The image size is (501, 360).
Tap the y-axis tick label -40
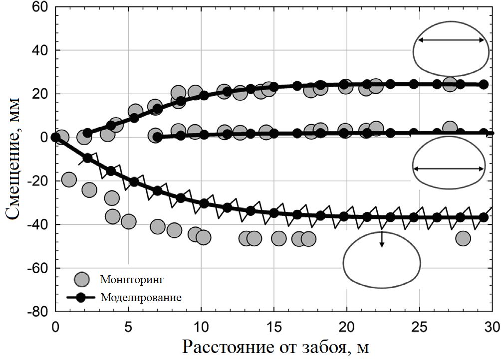39,224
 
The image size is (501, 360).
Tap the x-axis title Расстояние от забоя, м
275,347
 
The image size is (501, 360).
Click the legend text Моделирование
140,298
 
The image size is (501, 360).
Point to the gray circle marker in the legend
81,279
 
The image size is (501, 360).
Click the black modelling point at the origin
55,137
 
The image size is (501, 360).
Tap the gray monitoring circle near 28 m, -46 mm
463,238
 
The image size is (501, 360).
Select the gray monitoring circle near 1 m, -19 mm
69,179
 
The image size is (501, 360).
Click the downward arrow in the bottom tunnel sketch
382,239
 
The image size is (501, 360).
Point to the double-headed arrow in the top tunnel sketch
451,41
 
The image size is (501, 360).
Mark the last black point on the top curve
483,85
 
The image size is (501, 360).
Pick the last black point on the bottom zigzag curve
483,217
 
